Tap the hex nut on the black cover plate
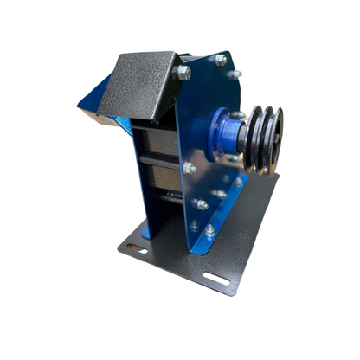pos(183,74)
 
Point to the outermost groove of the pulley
pos(274,138)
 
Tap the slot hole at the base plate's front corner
pos(215,280)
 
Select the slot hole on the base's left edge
pos(137,249)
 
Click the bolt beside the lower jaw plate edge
pos(189,168)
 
